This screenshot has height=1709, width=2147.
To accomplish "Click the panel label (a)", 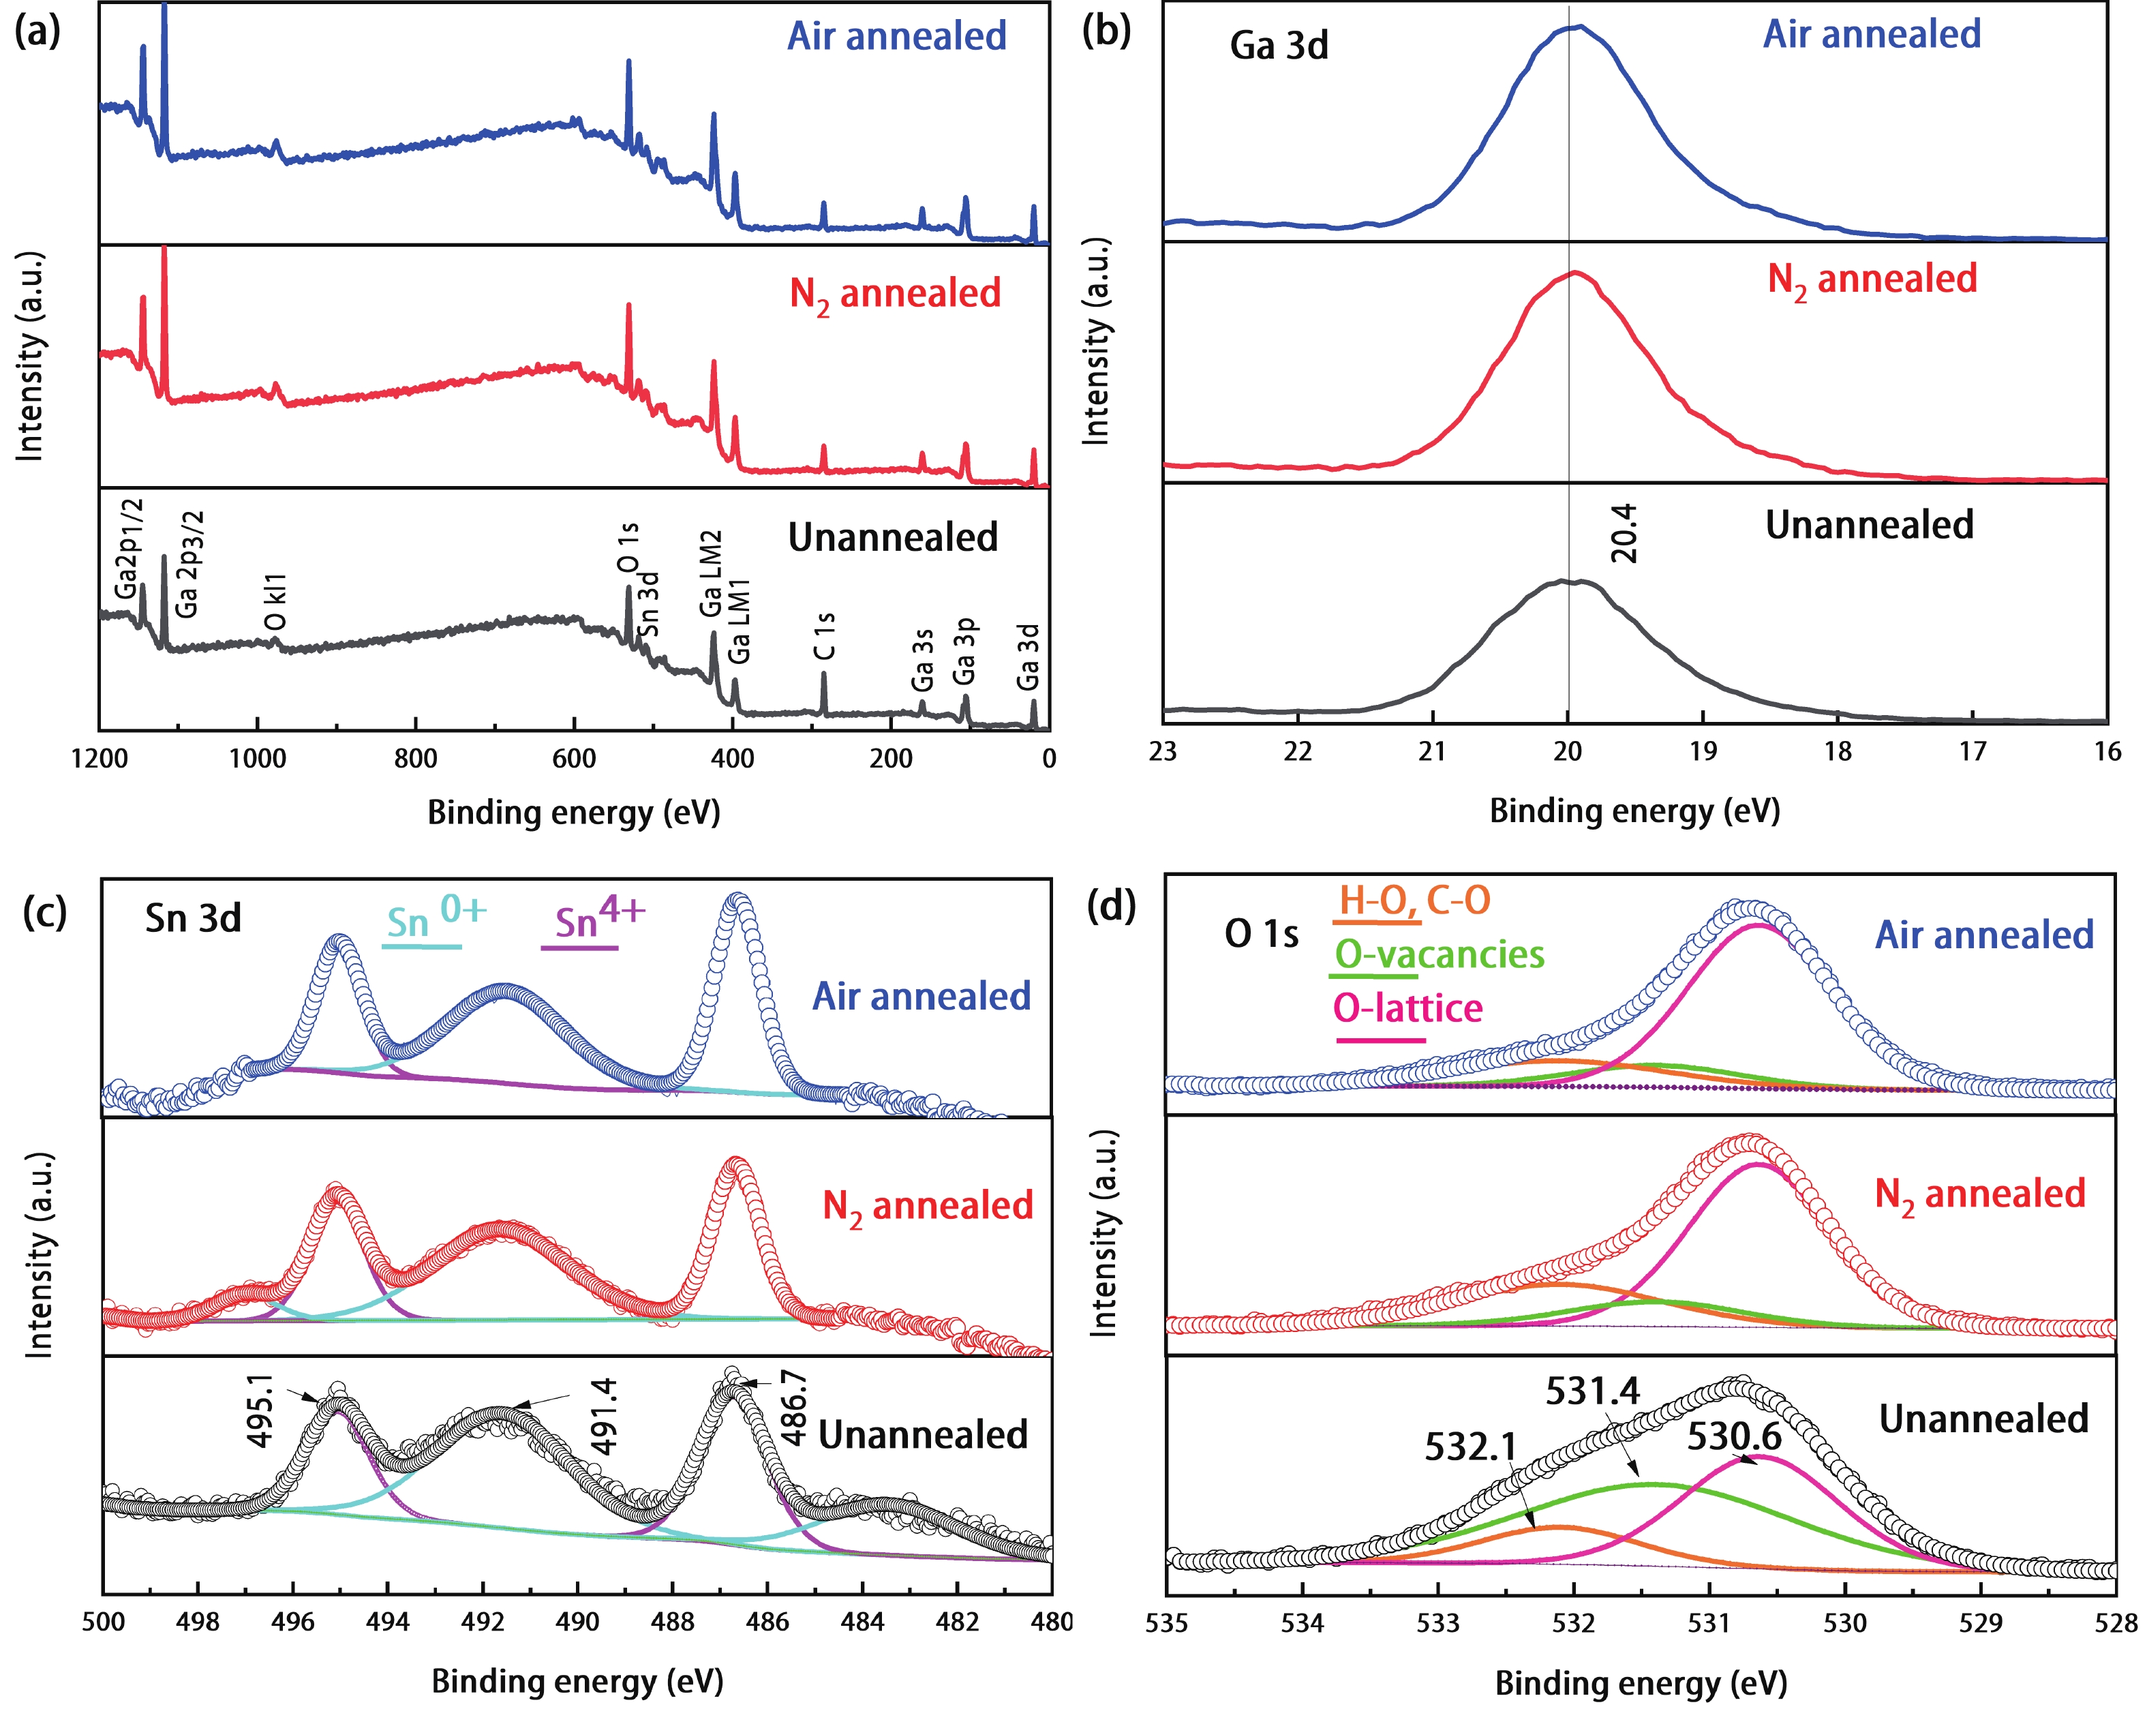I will [37, 32].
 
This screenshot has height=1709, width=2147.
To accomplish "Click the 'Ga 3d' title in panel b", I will [1279, 46].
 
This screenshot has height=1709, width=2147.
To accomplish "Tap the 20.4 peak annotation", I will [1623, 533].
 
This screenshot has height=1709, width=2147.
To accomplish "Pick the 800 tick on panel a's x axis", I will [415, 759].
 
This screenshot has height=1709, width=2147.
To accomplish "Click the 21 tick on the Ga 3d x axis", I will [1432, 752].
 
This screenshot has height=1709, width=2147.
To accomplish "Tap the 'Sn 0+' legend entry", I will [435, 918].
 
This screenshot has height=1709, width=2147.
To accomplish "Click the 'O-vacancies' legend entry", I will [1439, 955].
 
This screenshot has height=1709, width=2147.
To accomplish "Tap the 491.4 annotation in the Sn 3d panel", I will [603, 1416].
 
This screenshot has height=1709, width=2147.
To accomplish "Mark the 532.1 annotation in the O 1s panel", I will [1470, 1446].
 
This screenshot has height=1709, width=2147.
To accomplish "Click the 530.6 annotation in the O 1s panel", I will [1734, 1436].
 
